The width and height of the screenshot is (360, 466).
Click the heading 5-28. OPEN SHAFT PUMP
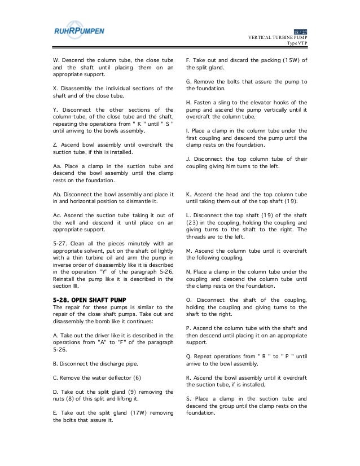(84, 298)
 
